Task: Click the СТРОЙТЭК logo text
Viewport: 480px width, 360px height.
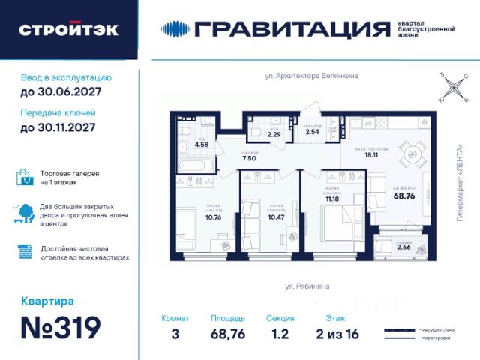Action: click(x=68, y=30)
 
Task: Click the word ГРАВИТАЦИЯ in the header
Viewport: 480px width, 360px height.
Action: click(x=291, y=29)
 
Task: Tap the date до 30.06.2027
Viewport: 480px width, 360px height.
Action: click(x=61, y=92)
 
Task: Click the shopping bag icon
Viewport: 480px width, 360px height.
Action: click(x=25, y=177)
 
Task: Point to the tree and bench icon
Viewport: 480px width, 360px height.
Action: click(x=25, y=214)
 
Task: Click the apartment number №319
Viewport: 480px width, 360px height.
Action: click(x=61, y=328)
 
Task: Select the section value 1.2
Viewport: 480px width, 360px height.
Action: click(x=280, y=334)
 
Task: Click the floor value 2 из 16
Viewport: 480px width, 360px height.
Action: click(x=333, y=334)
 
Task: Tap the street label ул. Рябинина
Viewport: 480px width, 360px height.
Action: click(x=307, y=286)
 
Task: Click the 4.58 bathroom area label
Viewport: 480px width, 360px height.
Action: click(x=201, y=144)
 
